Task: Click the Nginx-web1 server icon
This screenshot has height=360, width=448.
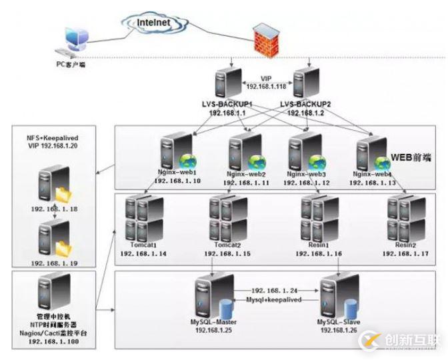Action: click(171, 152)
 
